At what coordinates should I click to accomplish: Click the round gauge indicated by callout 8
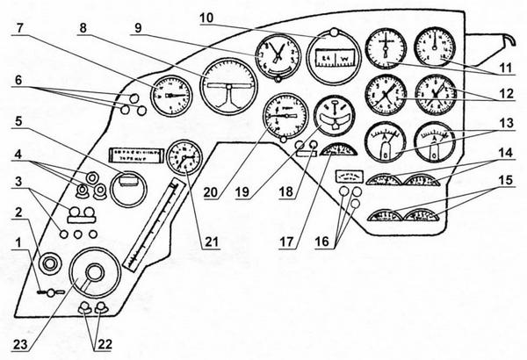point(228,85)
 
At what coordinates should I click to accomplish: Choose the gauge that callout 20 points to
point(285,120)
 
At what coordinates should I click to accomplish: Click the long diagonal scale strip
point(156,225)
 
